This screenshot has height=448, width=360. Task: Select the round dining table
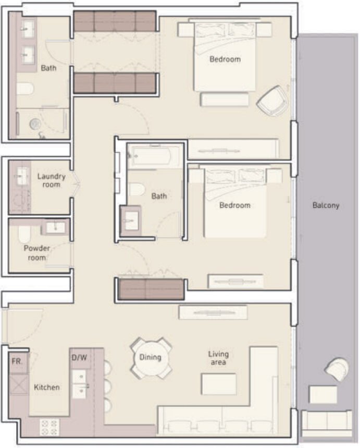pos(150,358)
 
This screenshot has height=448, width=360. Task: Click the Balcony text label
pos(326,205)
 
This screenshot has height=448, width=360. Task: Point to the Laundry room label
pos(51,180)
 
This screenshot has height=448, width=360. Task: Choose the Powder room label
pos(37,253)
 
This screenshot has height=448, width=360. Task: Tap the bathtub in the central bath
pos(154,156)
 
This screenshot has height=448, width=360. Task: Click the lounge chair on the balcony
pos(337,369)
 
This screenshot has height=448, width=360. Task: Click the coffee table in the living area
pos(219,384)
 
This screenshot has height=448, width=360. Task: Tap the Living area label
pos(218,358)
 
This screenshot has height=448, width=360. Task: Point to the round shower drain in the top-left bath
pos(35,124)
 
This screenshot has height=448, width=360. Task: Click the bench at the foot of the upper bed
pos(224,99)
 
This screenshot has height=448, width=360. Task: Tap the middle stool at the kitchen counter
pos(107,387)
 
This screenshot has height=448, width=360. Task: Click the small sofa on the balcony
pos(326,420)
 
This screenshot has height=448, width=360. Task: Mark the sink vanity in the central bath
pos(130,221)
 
